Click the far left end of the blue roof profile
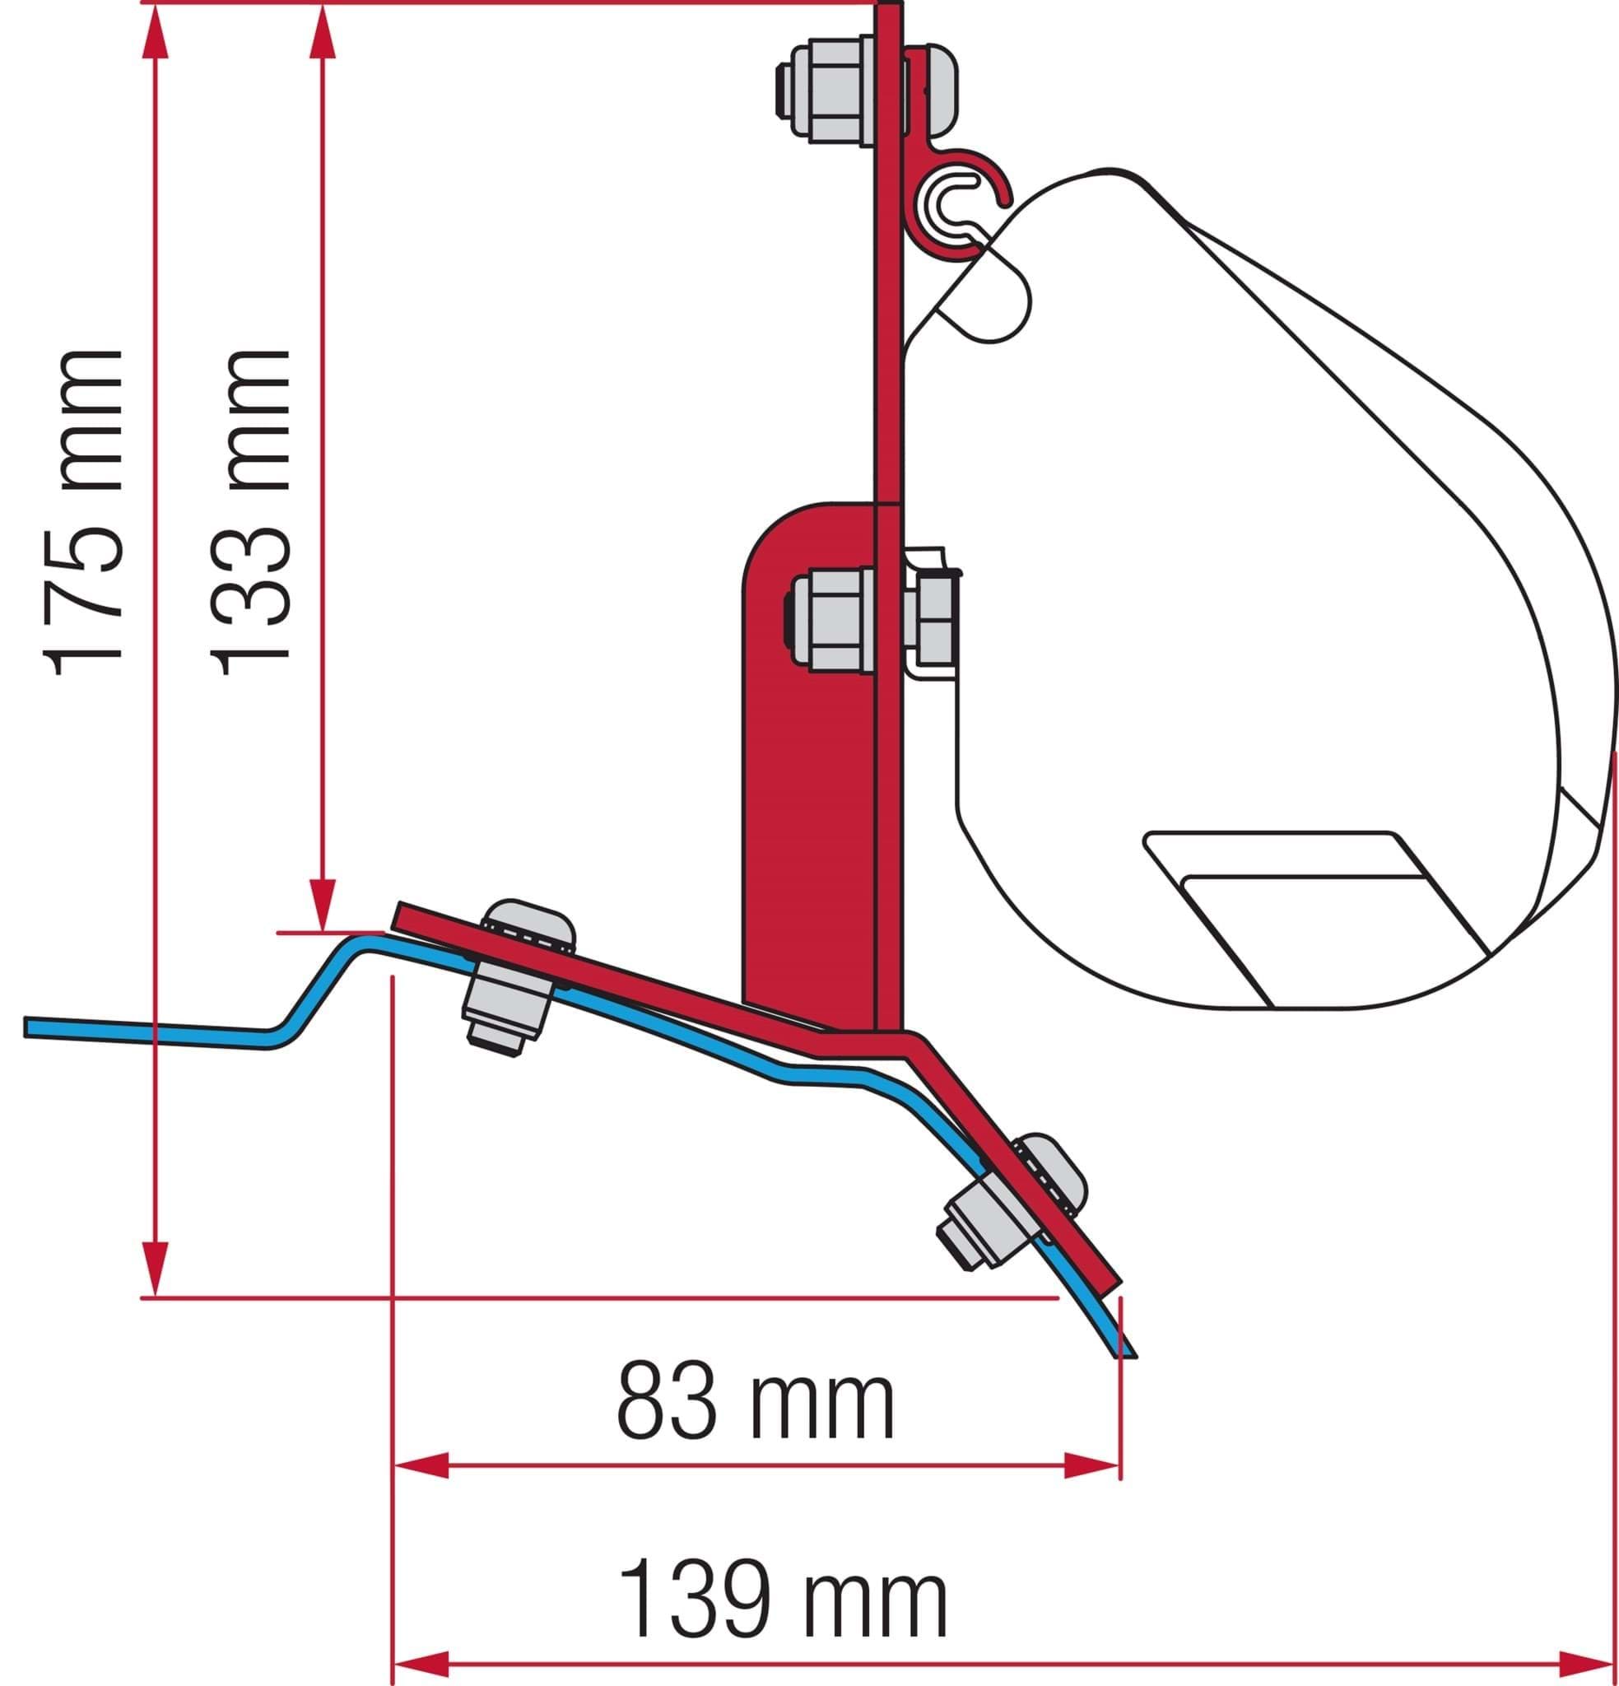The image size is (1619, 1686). pyautogui.click(x=27, y=1027)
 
